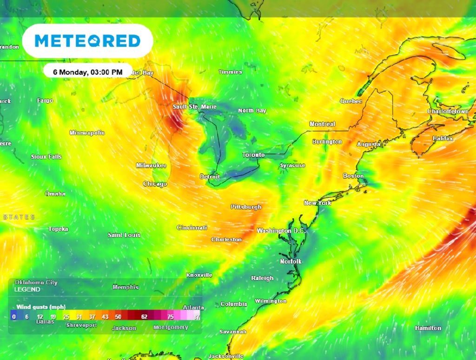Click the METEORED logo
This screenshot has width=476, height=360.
[x=87, y=41]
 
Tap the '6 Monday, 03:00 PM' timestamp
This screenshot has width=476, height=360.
[x=87, y=72]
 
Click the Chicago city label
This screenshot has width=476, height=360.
[x=155, y=184]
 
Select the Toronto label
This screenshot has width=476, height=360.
[x=253, y=155]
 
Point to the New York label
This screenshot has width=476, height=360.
[x=317, y=203]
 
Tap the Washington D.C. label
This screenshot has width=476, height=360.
[x=280, y=231]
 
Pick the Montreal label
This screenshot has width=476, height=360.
[x=322, y=124]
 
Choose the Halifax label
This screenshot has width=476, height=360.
[x=443, y=139]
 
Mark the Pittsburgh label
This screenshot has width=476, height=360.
[x=246, y=207]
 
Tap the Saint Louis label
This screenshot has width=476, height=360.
[x=124, y=235]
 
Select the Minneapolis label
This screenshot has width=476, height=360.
[x=87, y=133]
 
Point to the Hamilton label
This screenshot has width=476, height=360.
[x=428, y=328]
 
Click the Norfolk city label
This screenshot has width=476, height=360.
[x=291, y=262]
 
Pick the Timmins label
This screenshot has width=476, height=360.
[x=231, y=72]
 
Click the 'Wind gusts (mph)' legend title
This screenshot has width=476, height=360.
[x=41, y=307]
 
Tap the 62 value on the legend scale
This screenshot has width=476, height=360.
[x=144, y=317]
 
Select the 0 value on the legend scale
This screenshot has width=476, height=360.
[x=14, y=317]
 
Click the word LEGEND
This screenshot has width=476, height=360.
[x=27, y=290]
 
